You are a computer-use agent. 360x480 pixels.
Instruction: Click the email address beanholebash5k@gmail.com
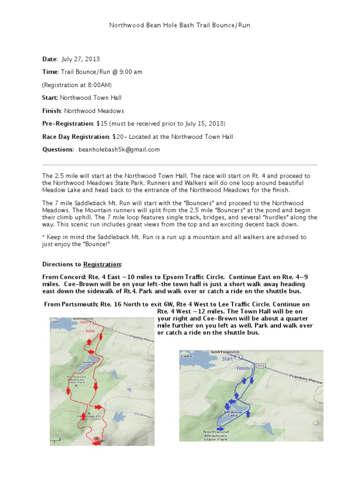[x=119, y=150]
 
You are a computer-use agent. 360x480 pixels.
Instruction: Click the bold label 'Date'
[x=49, y=60]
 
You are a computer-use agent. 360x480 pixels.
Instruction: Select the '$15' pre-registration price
[x=102, y=124]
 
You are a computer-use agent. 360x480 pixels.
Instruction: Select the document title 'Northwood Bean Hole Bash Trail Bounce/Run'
[x=180, y=25]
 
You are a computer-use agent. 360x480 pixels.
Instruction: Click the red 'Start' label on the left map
[x=84, y=322]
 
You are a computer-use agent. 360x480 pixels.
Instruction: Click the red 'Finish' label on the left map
[x=90, y=331]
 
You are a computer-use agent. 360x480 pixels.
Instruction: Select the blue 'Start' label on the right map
[x=227, y=359]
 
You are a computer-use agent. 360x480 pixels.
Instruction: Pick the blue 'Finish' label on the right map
[x=243, y=368]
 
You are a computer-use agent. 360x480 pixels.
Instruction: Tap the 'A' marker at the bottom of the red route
[x=97, y=438]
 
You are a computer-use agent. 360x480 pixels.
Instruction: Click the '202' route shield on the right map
[x=261, y=366]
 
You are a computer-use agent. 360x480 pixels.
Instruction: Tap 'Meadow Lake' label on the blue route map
[x=235, y=414]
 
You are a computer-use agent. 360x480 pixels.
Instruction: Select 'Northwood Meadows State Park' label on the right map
[x=216, y=435]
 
